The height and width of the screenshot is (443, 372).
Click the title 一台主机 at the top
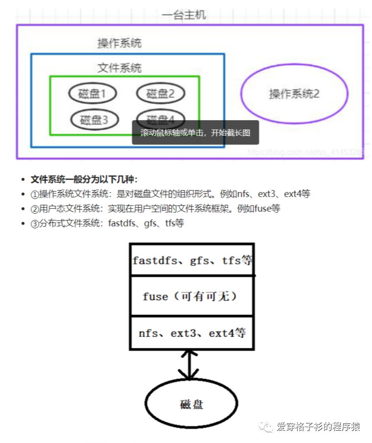tap(184, 15)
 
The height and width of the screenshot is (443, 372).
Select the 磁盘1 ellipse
tap(92, 93)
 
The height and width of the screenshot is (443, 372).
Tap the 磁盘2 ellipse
tap(160, 93)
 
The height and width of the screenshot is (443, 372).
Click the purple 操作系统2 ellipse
tap(294, 93)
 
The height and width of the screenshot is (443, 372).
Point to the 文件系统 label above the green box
tap(119, 68)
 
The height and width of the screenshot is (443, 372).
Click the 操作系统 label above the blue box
tap(119, 43)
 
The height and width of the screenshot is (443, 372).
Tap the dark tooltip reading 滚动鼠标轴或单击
tap(195, 133)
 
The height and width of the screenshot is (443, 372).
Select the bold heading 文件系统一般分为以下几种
tap(84, 179)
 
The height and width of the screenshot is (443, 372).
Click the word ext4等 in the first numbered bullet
tap(297, 194)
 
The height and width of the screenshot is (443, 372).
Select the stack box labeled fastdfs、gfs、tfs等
tap(192, 260)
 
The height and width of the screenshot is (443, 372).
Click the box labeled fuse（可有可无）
tap(192, 296)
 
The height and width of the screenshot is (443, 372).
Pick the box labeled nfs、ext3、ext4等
tap(192, 333)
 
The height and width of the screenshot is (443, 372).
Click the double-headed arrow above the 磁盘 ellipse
tap(189, 365)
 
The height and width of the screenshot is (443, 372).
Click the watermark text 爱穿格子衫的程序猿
tap(318, 427)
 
